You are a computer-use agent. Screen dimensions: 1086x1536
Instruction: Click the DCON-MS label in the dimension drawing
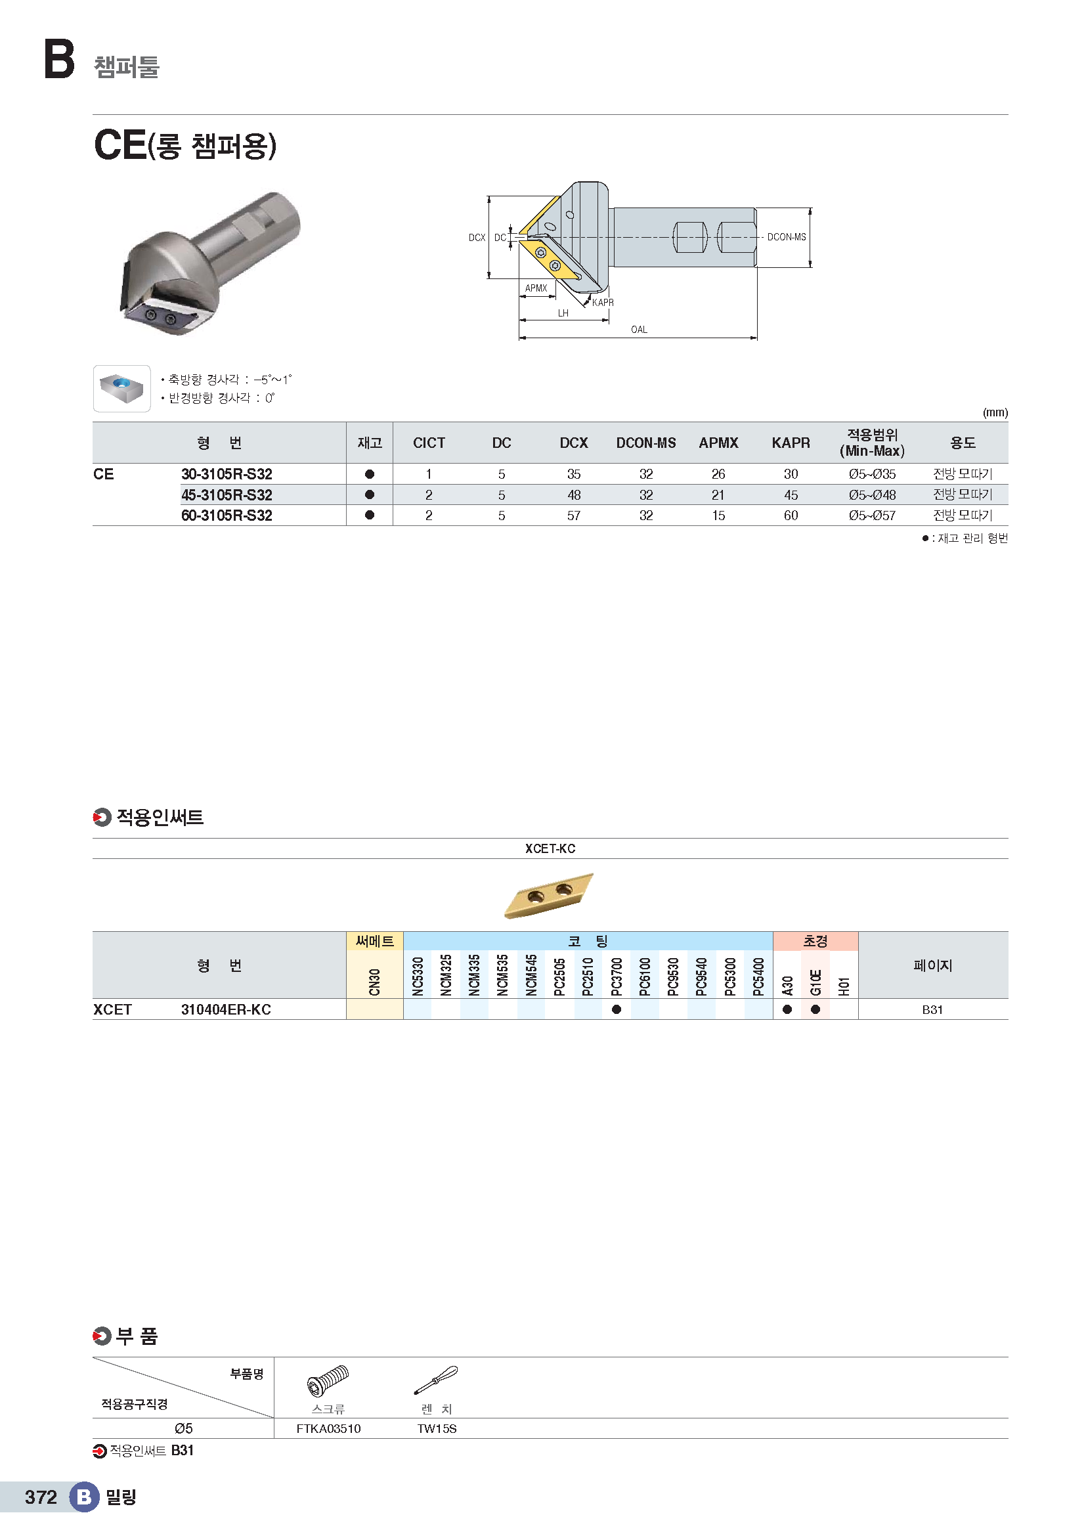pyautogui.click(x=787, y=237)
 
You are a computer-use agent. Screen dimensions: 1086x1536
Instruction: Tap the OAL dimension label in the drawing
pyautogui.click(x=639, y=329)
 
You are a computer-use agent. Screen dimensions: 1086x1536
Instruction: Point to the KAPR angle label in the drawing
pyautogui.click(x=603, y=302)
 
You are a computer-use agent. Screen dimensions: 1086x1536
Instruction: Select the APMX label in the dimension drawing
pyautogui.click(x=536, y=288)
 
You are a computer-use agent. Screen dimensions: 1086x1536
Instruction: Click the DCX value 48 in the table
pyautogui.click(x=574, y=495)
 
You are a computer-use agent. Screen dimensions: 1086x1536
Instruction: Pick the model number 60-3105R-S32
pyautogui.click(x=227, y=516)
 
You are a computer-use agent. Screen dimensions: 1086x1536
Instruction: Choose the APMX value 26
pyautogui.click(x=718, y=474)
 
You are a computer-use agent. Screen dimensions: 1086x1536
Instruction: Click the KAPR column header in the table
pyautogui.click(x=791, y=443)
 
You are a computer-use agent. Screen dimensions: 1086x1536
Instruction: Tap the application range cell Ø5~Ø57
pyautogui.click(x=872, y=516)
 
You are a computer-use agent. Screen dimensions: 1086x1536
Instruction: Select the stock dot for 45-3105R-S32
pyautogui.click(x=370, y=495)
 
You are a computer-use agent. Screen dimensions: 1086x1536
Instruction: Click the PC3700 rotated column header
pyautogui.click(x=617, y=976)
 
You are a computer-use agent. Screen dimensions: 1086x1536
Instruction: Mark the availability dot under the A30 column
pyautogui.click(x=787, y=1009)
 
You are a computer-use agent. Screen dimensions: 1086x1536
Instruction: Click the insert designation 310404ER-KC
pyautogui.click(x=226, y=1009)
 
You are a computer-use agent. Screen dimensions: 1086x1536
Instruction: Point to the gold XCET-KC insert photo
pyautogui.click(x=549, y=895)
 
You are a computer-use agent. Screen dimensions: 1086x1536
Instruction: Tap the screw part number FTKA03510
pyautogui.click(x=328, y=1429)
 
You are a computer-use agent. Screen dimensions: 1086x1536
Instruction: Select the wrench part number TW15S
pyautogui.click(x=437, y=1429)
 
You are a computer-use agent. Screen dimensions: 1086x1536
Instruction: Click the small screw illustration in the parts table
pyautogui.click(x=328, y=1381)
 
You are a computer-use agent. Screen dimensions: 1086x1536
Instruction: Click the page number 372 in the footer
pyautogui.click(x=41, y=1497)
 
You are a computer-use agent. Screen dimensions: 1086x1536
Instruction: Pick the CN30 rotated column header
pyautogui.click(x=374, y=981)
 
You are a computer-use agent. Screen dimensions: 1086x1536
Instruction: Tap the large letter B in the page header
pyautogui.click(x=60, y=59)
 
